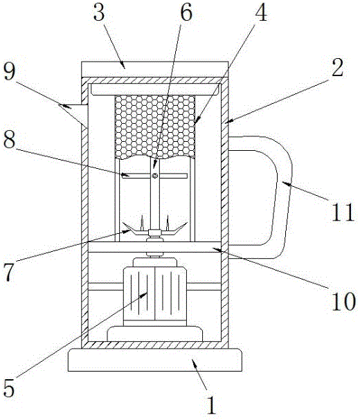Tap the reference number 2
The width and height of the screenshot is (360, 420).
pyautogui.click(x=337, y=66)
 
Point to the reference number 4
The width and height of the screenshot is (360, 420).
pyautogui.click(x=261, y=12)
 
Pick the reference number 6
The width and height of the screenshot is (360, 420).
pyautogui.click(x=186, y=12)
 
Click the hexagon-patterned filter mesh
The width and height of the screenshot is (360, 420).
pyautogui.click(x=154, y=127)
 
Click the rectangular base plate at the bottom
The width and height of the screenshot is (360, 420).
pyautogui.click(x=155, y=360)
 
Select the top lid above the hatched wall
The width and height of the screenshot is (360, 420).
pyautogui.click(x=154, y=69)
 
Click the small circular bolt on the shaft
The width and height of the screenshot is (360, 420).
pyautogui.click(x=154, y=176)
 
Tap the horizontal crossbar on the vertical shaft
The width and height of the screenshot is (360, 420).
pyautogui.click(x=154, y=176)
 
